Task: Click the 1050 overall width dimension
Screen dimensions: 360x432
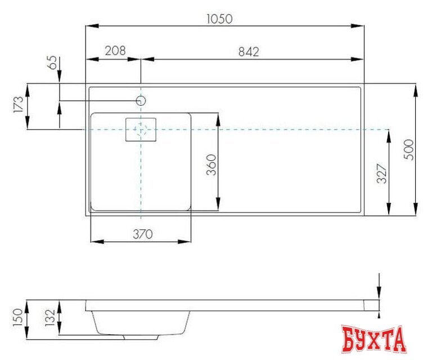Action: (219, 19)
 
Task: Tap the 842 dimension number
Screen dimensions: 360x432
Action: (248, 51)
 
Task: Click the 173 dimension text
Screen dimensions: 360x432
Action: (19, 105)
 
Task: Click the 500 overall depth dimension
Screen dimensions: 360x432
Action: (409, 150)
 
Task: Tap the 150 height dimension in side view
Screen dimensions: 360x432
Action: (17, 318)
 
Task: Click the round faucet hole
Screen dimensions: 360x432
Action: (141, 101)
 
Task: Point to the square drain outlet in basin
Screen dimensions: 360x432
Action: (141, 130)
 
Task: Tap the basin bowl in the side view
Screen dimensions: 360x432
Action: (141, 323)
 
